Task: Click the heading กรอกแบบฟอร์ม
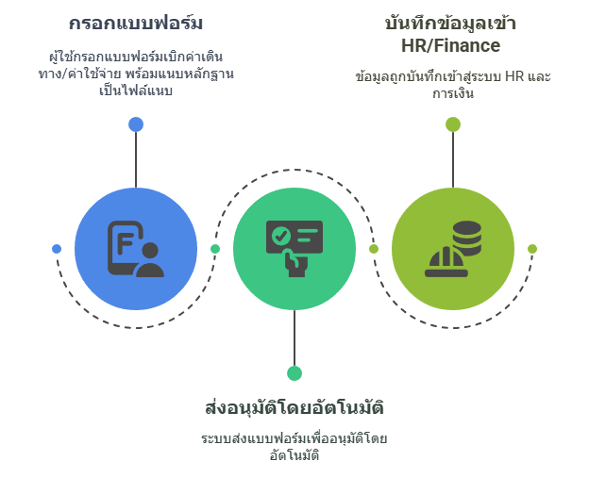[x=136, y=23]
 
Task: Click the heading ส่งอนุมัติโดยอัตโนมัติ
[x=294, y=407]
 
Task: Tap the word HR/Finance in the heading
[x=451, y=45]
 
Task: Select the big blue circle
[x=136, y=249]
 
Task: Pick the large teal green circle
[x=294, y=249]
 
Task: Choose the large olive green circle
[x=453, y=249]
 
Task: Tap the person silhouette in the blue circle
[x=150, y=259]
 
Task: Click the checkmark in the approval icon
[x=280, y=236]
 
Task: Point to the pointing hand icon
[x=295, y=263]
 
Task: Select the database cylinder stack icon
[x=467, y=238]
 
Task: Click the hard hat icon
[x=446, y=262]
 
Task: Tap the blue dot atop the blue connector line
[x=136, y=124]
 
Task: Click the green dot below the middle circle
[x=294, y=373]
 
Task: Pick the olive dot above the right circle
[x=453, y=124]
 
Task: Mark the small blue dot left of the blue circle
[x=57, y=249]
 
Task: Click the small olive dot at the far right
[x=532, y=249]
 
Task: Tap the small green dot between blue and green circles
[x=215, y=249]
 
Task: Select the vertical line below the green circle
[x=294, y=338]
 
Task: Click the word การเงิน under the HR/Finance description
[x=453, y=93]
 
